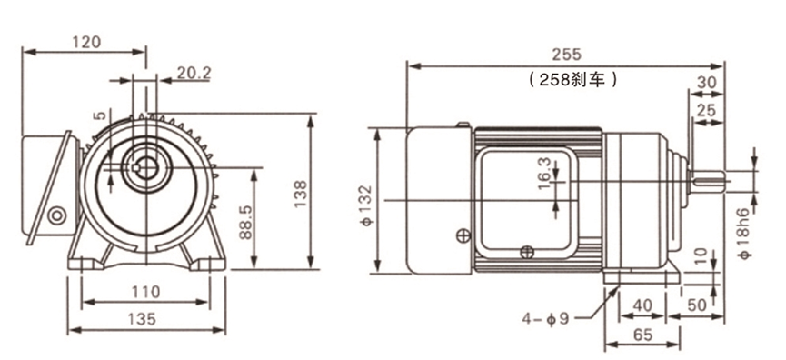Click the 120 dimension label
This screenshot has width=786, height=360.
83,41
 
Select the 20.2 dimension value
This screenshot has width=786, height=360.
194,72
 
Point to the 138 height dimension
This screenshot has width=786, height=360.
301,192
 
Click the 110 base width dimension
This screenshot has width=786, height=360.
144,292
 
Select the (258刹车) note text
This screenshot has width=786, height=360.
572,79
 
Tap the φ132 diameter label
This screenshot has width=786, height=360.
365,202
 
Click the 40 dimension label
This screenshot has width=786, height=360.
642,304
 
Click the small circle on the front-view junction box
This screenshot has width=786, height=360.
57,216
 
